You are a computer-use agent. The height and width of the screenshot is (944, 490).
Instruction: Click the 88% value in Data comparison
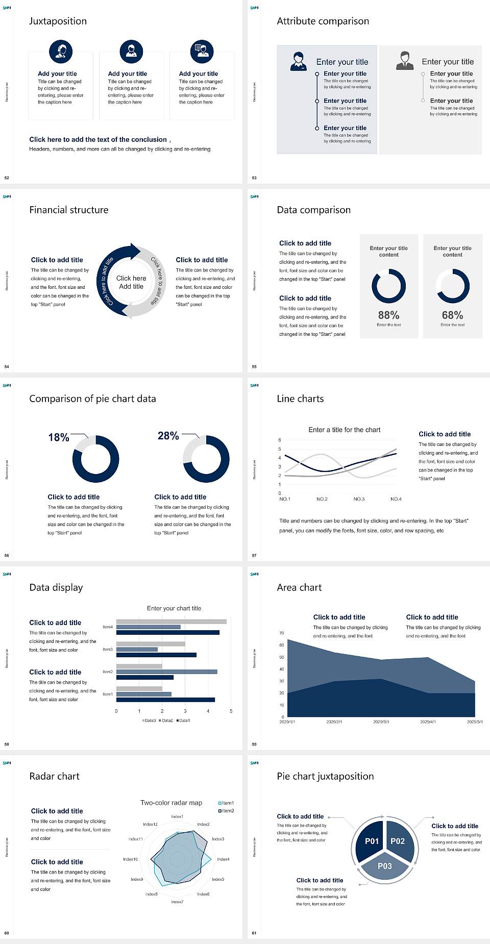[x=388, y=315]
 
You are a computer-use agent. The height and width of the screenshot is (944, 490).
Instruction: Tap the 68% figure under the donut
[x=452, y=315]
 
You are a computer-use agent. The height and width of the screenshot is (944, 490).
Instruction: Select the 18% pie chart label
[x=59, y=438]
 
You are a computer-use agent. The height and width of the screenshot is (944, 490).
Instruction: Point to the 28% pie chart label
[x=168, y=436]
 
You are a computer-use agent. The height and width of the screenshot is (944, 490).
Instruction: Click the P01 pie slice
[x=372, y=841]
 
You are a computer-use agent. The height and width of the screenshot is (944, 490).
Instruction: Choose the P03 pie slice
[x=385, y=866]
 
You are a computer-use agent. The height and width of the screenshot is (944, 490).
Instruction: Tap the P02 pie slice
[x=398, y=841]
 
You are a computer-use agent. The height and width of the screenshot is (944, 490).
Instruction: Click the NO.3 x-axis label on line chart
[x=359, y=499]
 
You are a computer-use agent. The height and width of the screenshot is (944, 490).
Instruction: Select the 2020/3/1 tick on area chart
[x=381, y=722]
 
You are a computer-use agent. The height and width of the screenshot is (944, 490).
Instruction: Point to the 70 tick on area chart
[x=282, y=633]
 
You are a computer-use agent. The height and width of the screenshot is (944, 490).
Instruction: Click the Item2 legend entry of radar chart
[x=227, y=811]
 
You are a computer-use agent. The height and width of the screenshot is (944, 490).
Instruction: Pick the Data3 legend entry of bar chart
[x=149, y=721]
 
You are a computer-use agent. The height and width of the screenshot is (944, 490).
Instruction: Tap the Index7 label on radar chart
[x=177, y=902]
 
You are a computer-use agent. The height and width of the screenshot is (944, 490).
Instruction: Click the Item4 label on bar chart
[x=108, y=627]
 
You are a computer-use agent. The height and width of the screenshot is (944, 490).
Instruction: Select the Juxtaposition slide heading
[x=58, y=21]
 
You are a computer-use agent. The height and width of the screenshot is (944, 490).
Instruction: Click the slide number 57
[x=254, y=555]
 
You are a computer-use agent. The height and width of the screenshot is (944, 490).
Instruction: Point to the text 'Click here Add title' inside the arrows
[x=131, y=282]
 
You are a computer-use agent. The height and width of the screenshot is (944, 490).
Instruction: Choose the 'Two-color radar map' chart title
[x=171, y=803]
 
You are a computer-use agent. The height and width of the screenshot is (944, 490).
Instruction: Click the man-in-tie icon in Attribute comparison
[x=405, y=60]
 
